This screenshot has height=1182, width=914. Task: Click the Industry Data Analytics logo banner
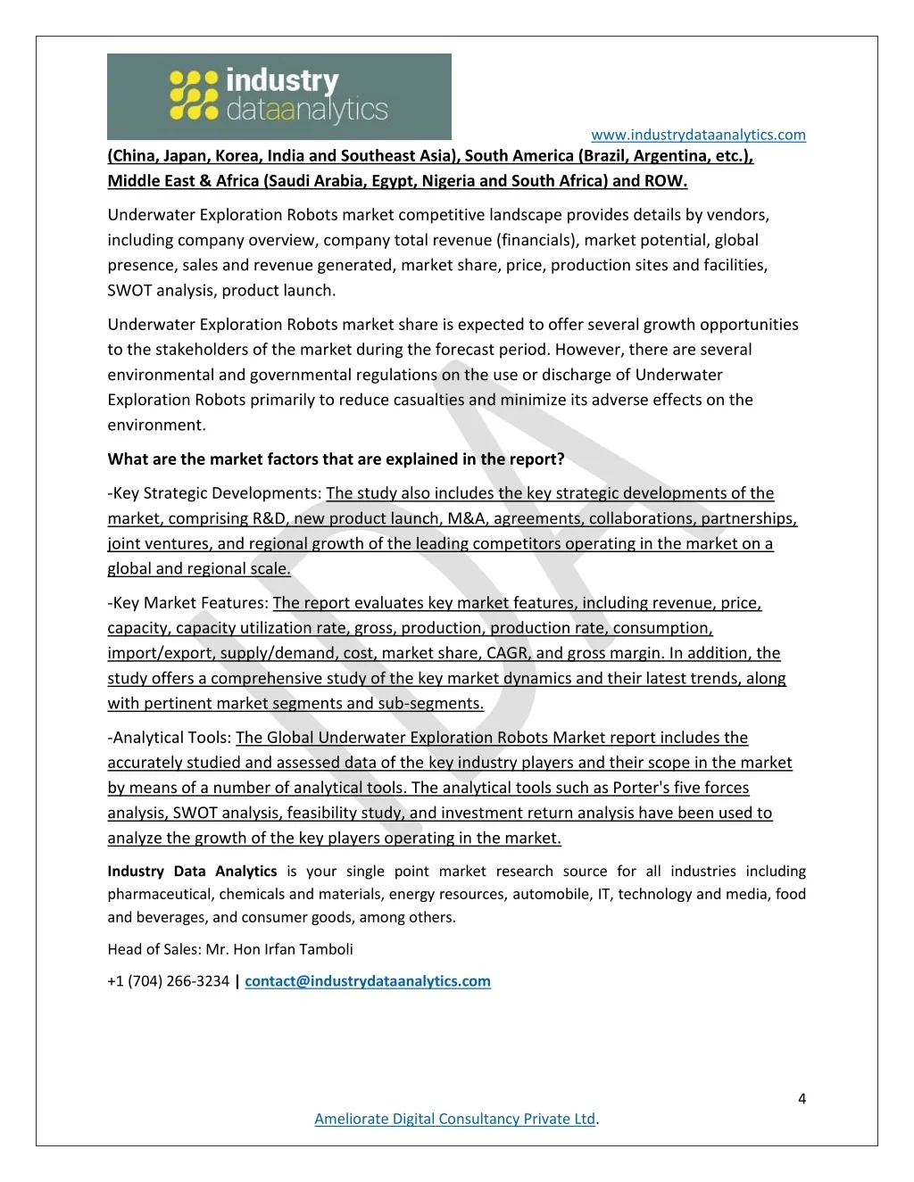[x=278, y=96]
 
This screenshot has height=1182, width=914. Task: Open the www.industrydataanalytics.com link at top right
[x=698, y=135]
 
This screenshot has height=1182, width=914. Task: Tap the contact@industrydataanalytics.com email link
[x=368, y=981]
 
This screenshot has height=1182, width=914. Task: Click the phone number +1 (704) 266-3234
[x=168, y=981]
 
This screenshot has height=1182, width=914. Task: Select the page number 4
[x=802, y=1099]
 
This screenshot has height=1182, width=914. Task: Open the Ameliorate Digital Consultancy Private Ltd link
[x=454, y=1119]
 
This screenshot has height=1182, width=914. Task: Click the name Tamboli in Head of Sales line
[x=325, y=949]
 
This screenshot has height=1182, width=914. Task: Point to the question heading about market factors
[x=336, y=459]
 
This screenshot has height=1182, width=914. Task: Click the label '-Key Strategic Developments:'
[x=214, y=493]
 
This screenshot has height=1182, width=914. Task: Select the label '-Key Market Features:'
[x=187, y=603]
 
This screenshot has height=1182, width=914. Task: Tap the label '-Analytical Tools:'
[x=170, y=738]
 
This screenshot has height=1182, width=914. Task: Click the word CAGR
[x=507, y=653]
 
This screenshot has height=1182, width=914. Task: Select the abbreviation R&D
[x=268, y=518]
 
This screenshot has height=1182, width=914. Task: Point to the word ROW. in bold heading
[x=665, y=181]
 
